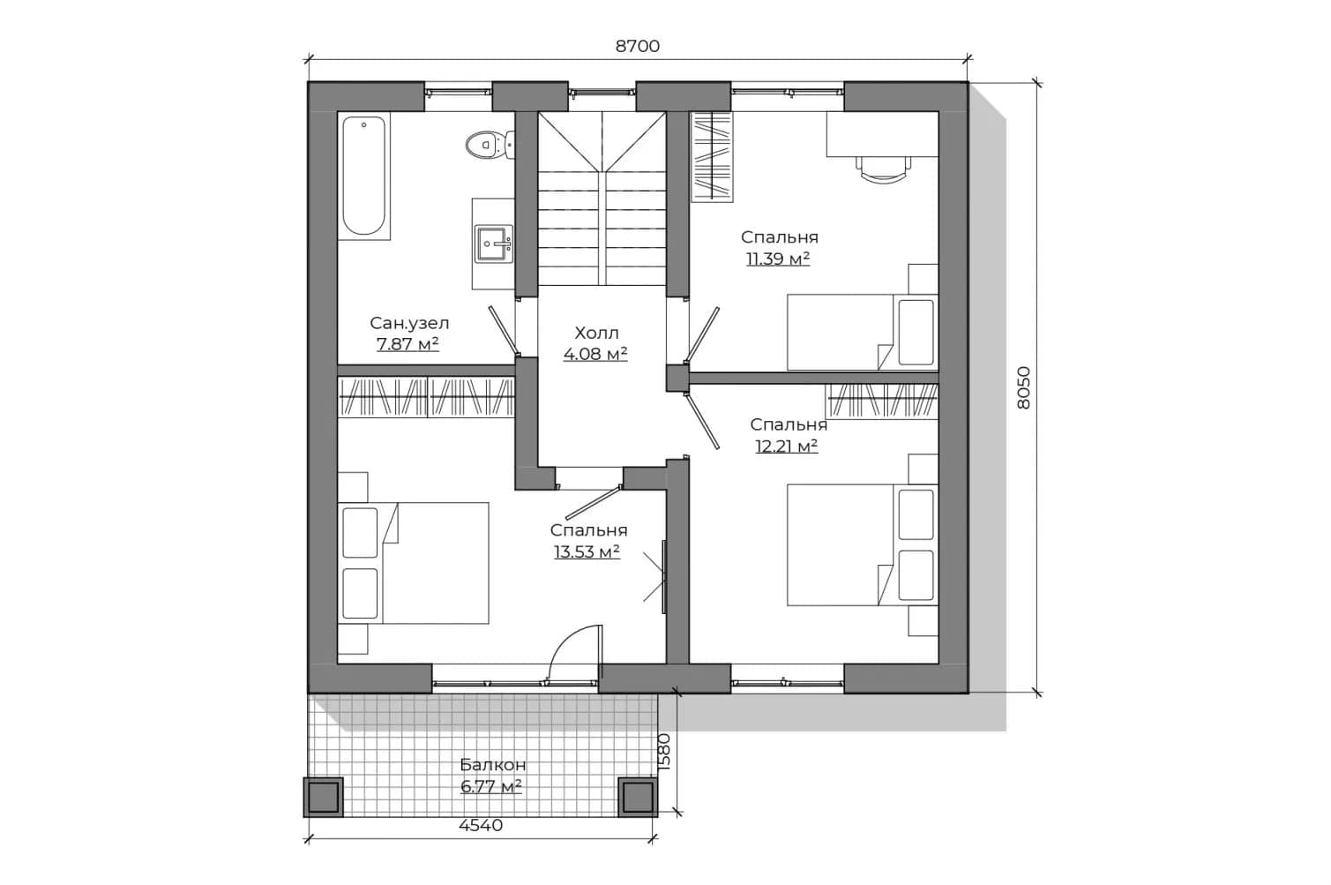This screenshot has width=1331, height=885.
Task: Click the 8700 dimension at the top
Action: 637,47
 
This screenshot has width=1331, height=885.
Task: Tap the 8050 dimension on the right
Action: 1023,387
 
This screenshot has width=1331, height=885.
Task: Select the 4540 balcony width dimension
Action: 481,826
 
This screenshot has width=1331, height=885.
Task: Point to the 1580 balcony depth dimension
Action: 663,753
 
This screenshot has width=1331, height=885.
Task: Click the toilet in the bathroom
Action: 490,145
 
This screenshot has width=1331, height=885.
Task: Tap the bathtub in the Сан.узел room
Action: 363,176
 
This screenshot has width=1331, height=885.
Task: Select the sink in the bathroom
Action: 494,244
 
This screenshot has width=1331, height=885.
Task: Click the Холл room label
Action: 596,333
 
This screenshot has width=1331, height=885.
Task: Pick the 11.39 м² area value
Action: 778,259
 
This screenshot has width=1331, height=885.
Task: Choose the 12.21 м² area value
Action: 786,446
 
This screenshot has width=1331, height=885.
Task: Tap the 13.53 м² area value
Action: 587,552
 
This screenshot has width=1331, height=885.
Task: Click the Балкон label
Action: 492,764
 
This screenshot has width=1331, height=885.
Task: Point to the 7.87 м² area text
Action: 408,344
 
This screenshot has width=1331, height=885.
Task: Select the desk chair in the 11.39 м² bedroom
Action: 883,167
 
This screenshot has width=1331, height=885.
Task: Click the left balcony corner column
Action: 324,797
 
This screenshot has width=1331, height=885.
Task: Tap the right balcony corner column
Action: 639,797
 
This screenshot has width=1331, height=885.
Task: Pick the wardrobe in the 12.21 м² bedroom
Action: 882,401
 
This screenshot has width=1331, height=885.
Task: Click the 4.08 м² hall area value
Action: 595,354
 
